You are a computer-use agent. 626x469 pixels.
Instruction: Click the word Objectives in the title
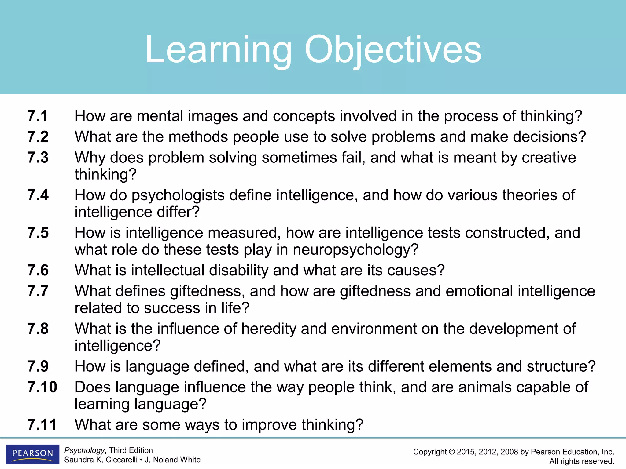click(392, 50)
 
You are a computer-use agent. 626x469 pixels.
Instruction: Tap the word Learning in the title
click(219, 50)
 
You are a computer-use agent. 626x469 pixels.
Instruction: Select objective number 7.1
click(38, 116)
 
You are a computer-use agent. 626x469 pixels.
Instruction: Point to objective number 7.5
click(38, 233)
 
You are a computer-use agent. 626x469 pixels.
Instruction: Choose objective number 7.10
click(42, 387)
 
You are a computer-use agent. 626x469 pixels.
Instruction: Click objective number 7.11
click(42, 425)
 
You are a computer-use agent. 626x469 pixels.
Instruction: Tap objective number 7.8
click(38, 329)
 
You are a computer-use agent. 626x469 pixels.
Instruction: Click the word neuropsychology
click(355, 250)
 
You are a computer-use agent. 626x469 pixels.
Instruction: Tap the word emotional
click(479, 291)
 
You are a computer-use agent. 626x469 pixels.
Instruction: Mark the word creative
click(549, 158)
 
